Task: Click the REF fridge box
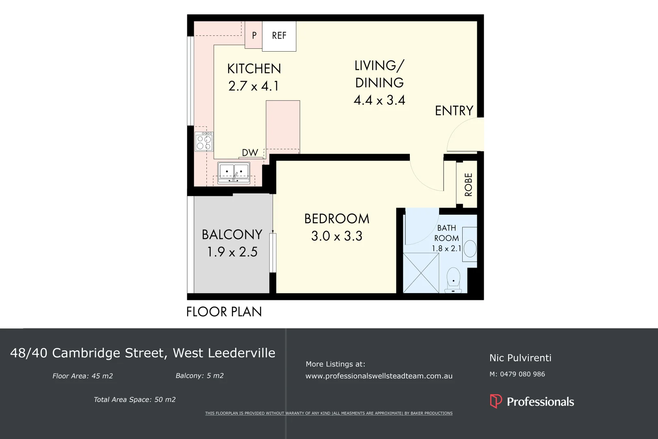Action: [x=279, y=36]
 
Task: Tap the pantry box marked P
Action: [x=254, y=35]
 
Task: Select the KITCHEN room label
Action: [x=254, y=69]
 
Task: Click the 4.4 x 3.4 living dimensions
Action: [x=379, y=100]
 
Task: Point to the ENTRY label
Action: [x=454, y=111]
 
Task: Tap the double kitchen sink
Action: [x=234, y=172]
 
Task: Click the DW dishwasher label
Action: [x=250, y=153]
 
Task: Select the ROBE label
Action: [x=468, y=185]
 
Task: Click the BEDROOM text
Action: [x=337, y=219]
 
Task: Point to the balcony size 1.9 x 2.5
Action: [x=232, y=252]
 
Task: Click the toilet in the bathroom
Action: [x=453, y=280]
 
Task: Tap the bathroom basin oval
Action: [x=470, y=248]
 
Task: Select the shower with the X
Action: [x=421, y=272]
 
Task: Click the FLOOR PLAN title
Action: [x=224, y=312]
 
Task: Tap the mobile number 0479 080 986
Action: [x=522, y=374]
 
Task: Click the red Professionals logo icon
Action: [x=496, y=401]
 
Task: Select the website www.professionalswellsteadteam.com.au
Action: [x=379, y=376]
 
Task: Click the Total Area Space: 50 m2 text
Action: [x=134, y=400]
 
